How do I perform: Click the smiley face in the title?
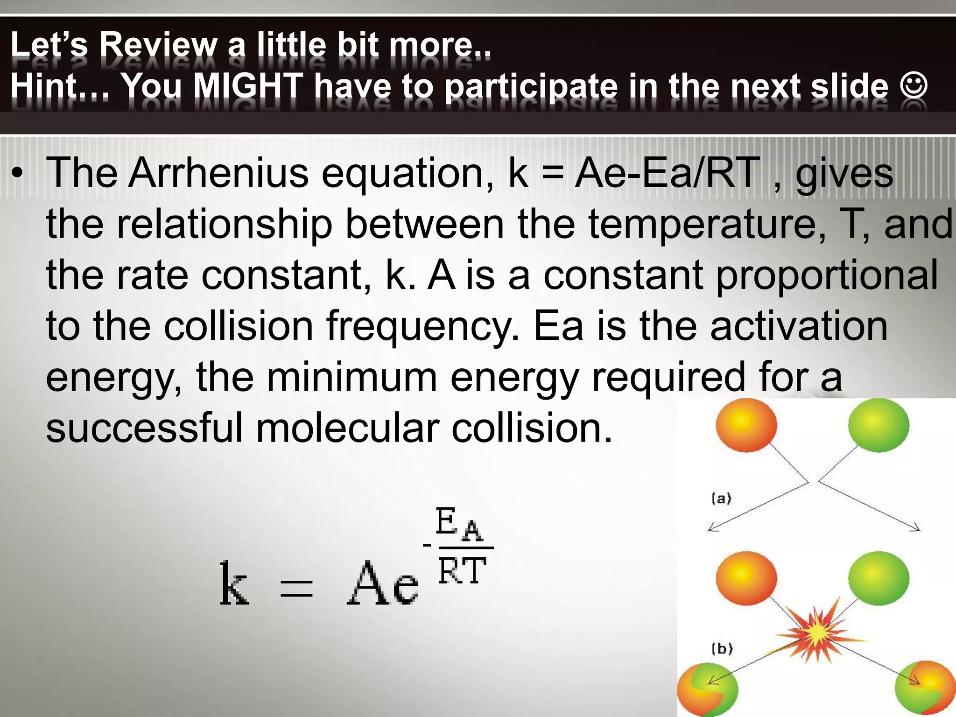[x=913, y=87]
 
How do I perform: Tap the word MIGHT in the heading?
[x=248, y=86]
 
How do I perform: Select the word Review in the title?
[x=159, y=45]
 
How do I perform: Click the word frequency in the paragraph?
[x=422, y=327]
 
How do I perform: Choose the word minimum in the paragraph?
[x=351, y=377]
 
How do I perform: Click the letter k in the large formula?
[x=234, y=583]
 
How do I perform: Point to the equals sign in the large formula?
[x=296, y=588]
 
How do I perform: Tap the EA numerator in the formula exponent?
[x=459, y=525]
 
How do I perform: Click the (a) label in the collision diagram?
[x=721, y=499]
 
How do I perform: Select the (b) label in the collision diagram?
[x=722, y=648]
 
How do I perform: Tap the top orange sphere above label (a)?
[x=746, y=425]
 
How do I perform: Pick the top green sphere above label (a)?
[x=879, y=425]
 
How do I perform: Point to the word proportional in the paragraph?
[x=827, y=275]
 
